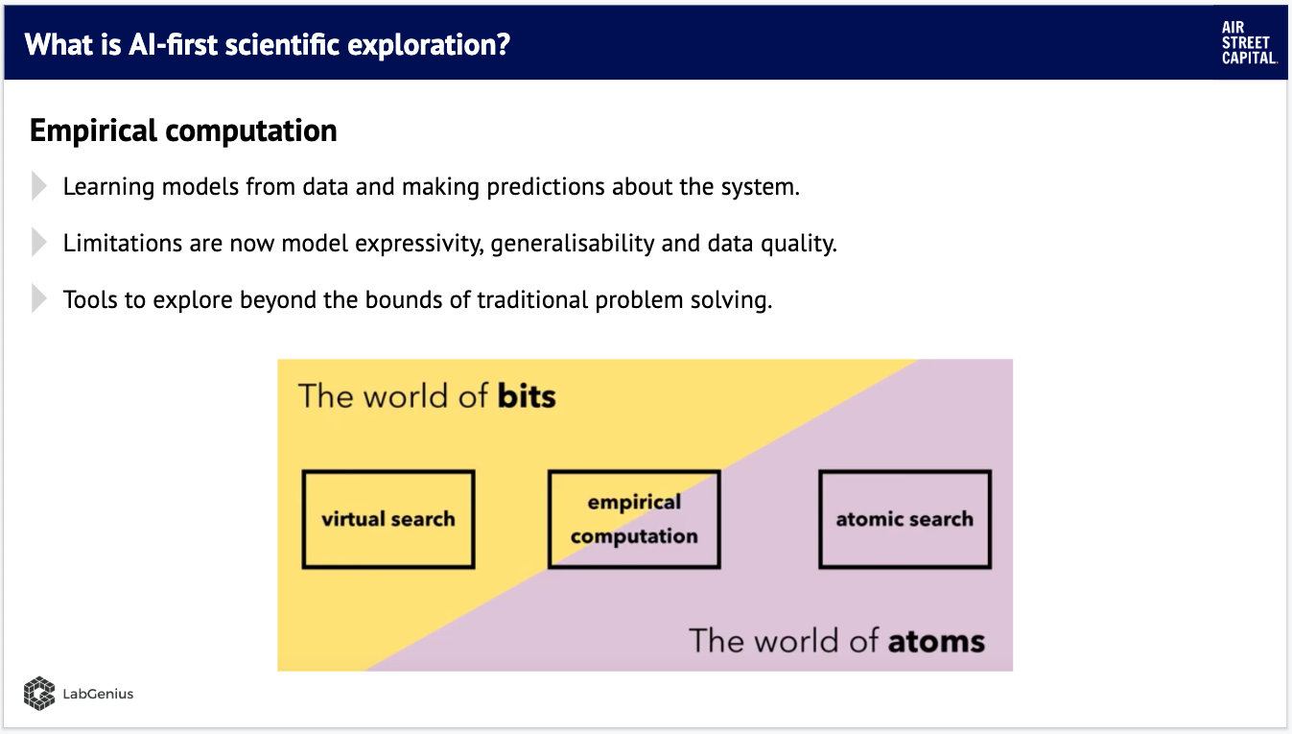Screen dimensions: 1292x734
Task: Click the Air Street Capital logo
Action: click(1249, 43)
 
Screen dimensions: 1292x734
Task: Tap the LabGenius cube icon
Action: click(39, 693)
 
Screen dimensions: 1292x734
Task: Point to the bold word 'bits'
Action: click(527, 396)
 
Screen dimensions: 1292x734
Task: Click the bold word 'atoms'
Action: click(936, 642)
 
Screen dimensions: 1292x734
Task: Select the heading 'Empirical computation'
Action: click(183, 130)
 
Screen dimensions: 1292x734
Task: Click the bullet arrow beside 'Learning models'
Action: click(38, 186)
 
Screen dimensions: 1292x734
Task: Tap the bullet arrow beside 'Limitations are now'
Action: click(38, 243)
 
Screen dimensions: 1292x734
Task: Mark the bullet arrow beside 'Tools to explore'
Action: click(38, 299)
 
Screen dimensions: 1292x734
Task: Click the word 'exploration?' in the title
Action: click(429, 45)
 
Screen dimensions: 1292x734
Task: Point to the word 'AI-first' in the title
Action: click(173, 44)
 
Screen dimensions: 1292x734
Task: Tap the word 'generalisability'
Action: click(573, 244)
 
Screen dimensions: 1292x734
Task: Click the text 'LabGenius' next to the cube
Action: click(98, 694)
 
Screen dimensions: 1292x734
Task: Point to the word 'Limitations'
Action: click(122, 243)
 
